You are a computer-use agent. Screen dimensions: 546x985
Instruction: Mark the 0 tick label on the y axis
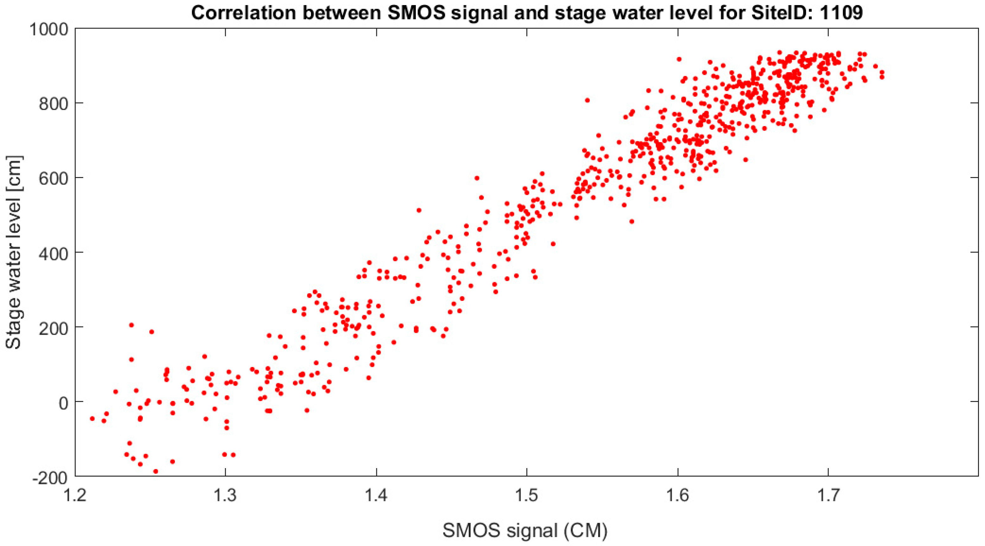click(63, 402)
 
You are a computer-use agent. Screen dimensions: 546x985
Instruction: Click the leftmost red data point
click(92, 419)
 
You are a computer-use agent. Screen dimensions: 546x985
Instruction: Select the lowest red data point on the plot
click(156, 472)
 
